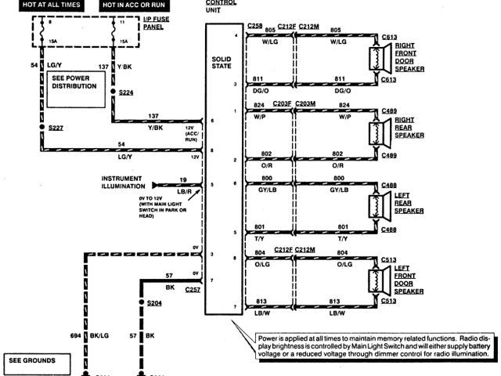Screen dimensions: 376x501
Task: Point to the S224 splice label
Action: [126, 92]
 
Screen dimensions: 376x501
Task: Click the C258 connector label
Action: [255, 26]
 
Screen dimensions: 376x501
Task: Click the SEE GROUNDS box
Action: [37, 362]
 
